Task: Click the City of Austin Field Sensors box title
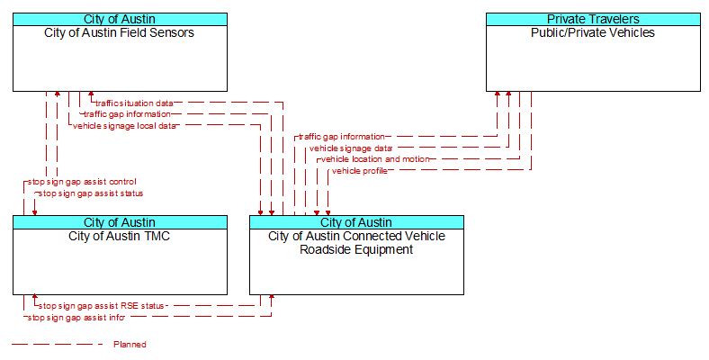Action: tap(120, 32)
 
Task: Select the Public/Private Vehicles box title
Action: tap(593, 32)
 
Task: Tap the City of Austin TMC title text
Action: tap(120, 236)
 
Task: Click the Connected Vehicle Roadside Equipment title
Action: tap(356, 243)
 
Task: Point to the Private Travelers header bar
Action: tap(593, 19)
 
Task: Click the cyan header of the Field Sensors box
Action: tap(120, 19)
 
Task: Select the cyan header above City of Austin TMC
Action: tap(120, 222)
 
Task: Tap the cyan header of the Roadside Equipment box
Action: tap(357, 222)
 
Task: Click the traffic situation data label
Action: tap(134, 103)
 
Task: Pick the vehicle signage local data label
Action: tap(124, 126)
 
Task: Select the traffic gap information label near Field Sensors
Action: tap(127, 114)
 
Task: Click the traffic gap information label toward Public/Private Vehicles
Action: tap(342, 137)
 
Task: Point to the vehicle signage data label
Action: tap(351, 148)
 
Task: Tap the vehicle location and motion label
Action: tap(375, 159)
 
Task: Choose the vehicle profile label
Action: tap(360, 171)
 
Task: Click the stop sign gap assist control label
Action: tap(82, 182)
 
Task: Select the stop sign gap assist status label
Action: tap(91, 193)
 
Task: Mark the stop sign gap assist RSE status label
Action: tap(102, 306)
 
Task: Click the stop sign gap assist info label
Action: tap(76, 318)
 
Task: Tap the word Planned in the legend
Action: tap(130, 345)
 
